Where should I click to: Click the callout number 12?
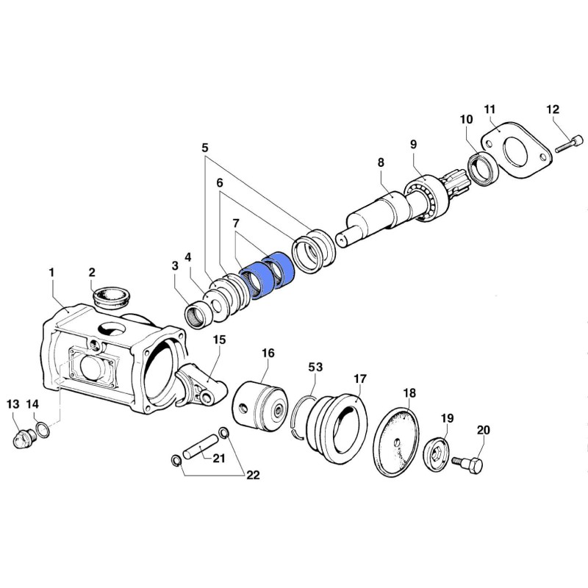(553, 109)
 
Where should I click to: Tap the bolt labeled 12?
(569, 144)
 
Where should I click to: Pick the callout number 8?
(381, 162)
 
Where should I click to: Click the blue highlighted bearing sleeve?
(267, 275)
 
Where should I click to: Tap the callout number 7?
(235, 223)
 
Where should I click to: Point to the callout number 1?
(51, 273)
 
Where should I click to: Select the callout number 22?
(253, 475)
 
